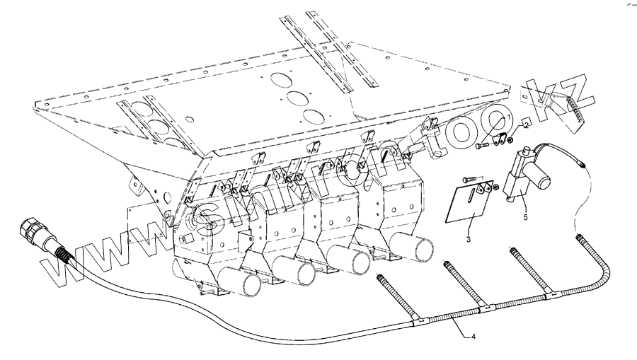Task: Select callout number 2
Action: coord(526,124)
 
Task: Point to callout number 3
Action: coord(468,240)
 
